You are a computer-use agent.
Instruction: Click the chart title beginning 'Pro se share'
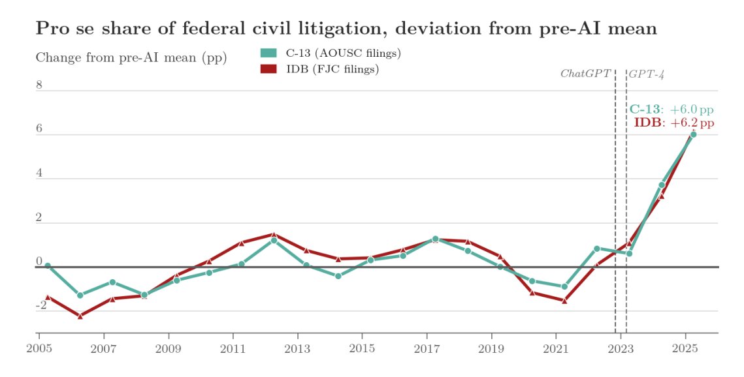pos(346,29)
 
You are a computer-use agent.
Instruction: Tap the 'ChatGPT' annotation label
pos(585,74)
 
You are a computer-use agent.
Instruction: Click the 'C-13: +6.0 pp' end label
pos(671,110)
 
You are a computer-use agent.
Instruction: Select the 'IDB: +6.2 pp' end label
pos(673,123)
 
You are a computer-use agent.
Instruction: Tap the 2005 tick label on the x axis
pos(39,349)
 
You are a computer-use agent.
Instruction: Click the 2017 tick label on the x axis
pos(427,349)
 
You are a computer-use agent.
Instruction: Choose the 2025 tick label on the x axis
pos(685,349)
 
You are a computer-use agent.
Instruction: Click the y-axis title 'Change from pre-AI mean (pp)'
pos(131,57)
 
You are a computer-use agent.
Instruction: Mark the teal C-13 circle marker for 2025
pos(693,134)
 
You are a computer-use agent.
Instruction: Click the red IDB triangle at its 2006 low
pos(80,316)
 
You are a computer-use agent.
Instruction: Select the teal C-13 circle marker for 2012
pos(274,240)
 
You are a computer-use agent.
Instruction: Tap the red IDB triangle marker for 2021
pos(564,301)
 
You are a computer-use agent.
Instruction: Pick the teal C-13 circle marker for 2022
pos(596,249)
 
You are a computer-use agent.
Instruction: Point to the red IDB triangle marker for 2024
pos(661,196)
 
